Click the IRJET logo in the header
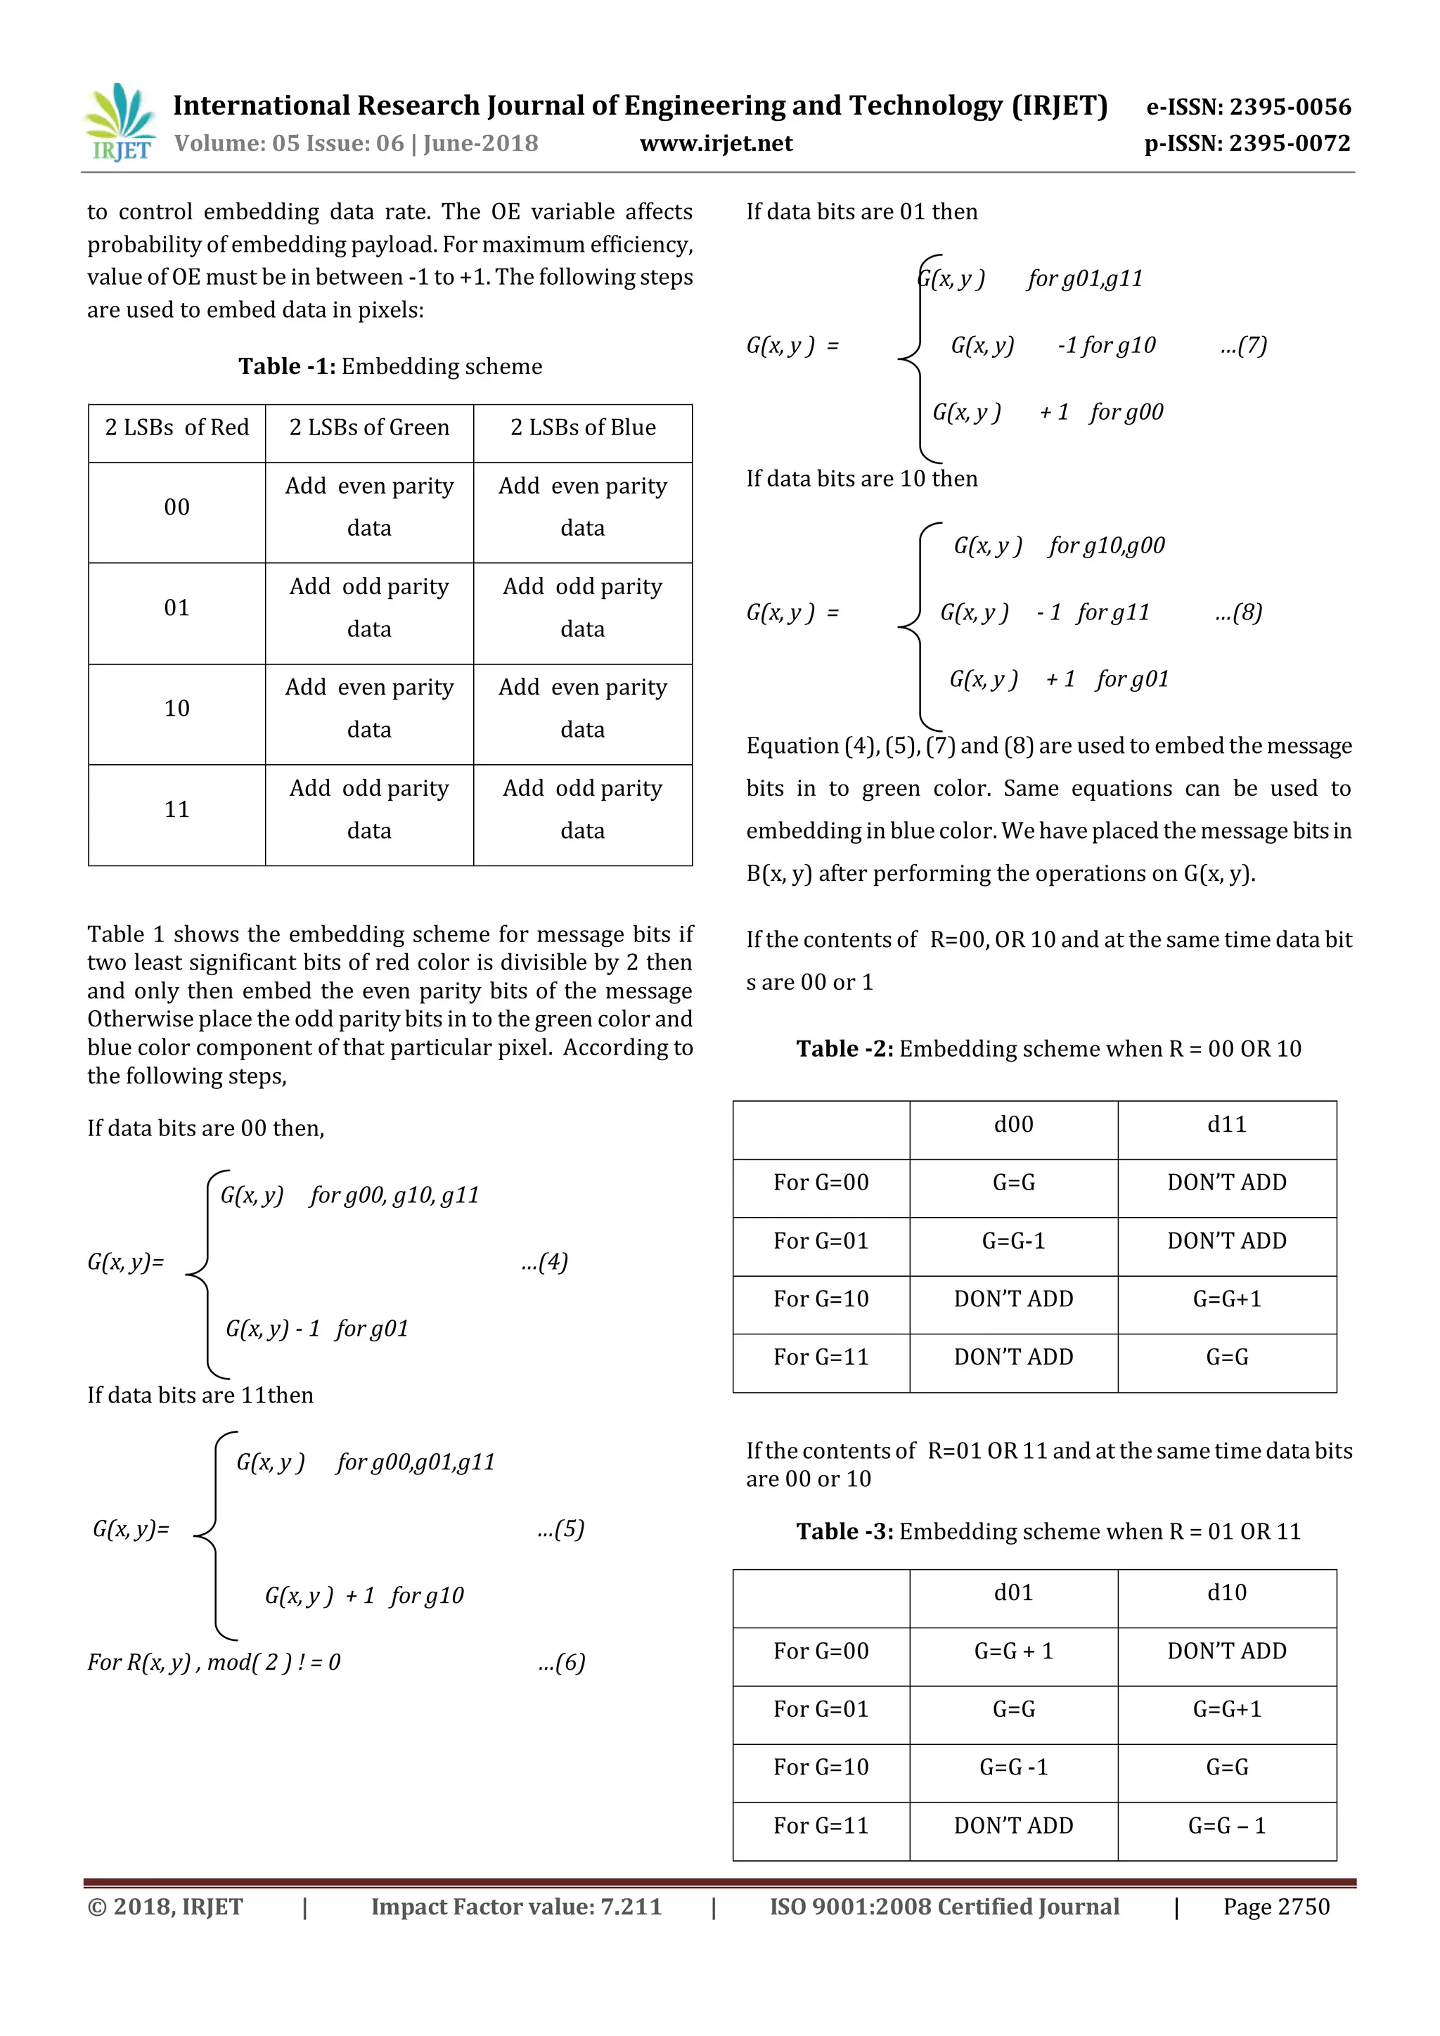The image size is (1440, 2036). [119, 123]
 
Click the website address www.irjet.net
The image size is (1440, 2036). [716, 143]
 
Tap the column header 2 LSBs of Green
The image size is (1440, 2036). [369, 427]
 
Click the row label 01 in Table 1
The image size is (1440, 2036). [176, 608]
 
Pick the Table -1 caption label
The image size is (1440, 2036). [286, 366]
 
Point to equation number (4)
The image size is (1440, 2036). [544, 1262]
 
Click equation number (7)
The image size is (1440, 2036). [1243, 345]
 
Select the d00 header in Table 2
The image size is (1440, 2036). [1013, 1124]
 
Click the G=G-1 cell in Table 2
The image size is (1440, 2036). [1013, 1241]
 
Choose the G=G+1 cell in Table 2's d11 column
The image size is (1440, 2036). [1226, 1299]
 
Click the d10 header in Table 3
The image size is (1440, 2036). [1226, 1592]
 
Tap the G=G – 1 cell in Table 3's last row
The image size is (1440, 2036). [1226, 1825]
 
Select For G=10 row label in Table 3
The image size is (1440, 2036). [821, 1767]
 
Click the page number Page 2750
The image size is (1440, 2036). [1276, 1907]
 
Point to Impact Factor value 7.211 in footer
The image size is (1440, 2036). [516, 1907]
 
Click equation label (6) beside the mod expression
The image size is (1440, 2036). [561, 1662]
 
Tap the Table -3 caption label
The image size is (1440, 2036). [844, 1531]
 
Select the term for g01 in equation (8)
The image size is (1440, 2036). [1132, 679]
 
